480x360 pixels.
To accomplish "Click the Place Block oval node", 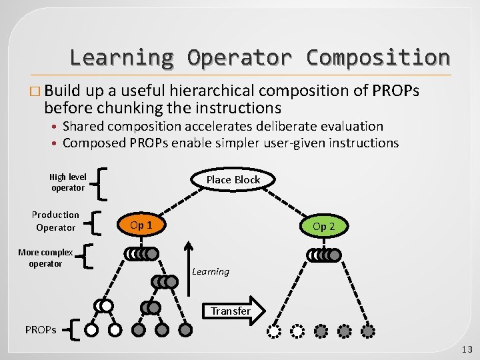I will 233,180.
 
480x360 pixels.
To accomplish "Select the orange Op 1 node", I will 141,225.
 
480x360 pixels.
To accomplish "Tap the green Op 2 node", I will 324,227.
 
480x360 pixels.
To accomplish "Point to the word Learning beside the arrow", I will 211,271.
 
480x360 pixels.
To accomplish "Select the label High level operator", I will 67,182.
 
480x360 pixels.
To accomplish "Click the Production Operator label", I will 55,221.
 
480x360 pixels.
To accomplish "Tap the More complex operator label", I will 45,258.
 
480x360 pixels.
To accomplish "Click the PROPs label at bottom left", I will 41,330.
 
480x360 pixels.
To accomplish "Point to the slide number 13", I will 466,349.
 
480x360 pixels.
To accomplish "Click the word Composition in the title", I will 377,57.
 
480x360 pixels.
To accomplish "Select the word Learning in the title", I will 121,57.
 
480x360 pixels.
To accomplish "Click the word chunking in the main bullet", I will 131,107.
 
